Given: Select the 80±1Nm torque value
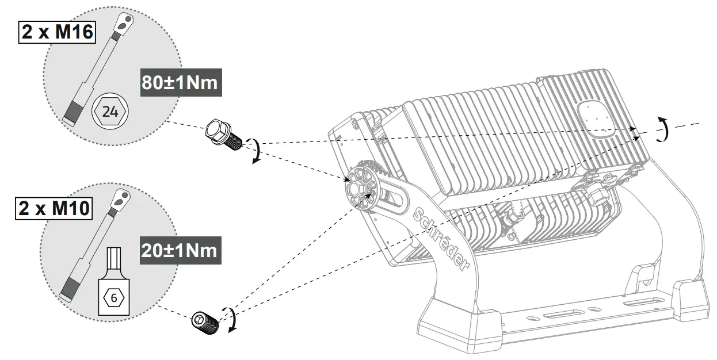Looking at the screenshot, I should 180,82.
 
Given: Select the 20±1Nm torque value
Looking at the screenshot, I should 180,250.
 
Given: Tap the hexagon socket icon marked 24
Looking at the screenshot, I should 110,112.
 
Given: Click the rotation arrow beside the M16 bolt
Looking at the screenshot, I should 254,151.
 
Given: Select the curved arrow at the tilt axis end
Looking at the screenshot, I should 664,129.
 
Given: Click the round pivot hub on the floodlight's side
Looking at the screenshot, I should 359,186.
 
